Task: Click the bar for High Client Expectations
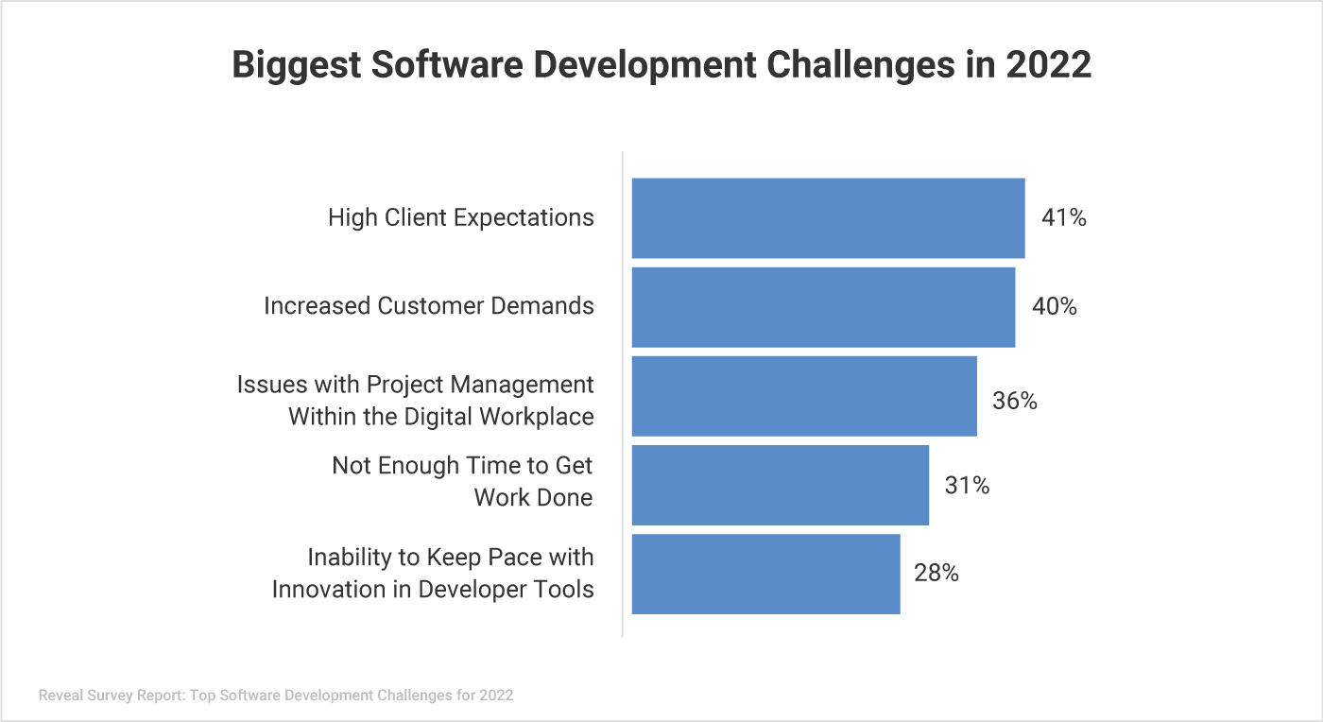click(x=828, y=217)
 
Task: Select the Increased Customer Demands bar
click(x=823, y=307)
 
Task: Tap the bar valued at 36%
click(x=804, y=396)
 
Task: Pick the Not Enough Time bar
click(x=780, y=485)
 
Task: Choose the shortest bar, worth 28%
click(x=765, y=574)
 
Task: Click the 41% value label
click(x=1063, y=217)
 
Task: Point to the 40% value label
click(x=1054, y=307)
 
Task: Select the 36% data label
click(x=1014, y=401)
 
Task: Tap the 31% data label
click(x=967, y=486)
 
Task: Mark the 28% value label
click(x=936, y=573)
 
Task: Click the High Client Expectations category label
click(x=461, y=217)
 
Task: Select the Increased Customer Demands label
click(x=429, y=306)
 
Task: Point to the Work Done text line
click(x=533, y=497)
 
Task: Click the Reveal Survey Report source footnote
click(x=276, y=696)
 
